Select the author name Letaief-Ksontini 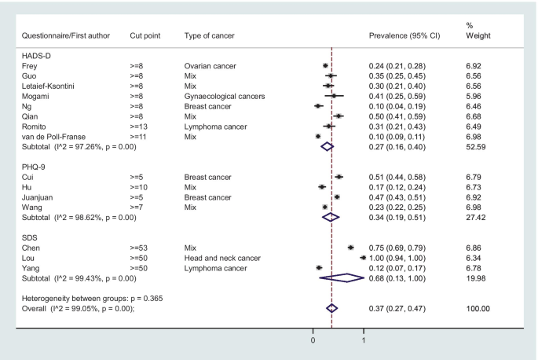pos(52,86)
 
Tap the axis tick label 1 pos(364,340)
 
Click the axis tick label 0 pos(313,340)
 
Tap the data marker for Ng pos(318,105)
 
